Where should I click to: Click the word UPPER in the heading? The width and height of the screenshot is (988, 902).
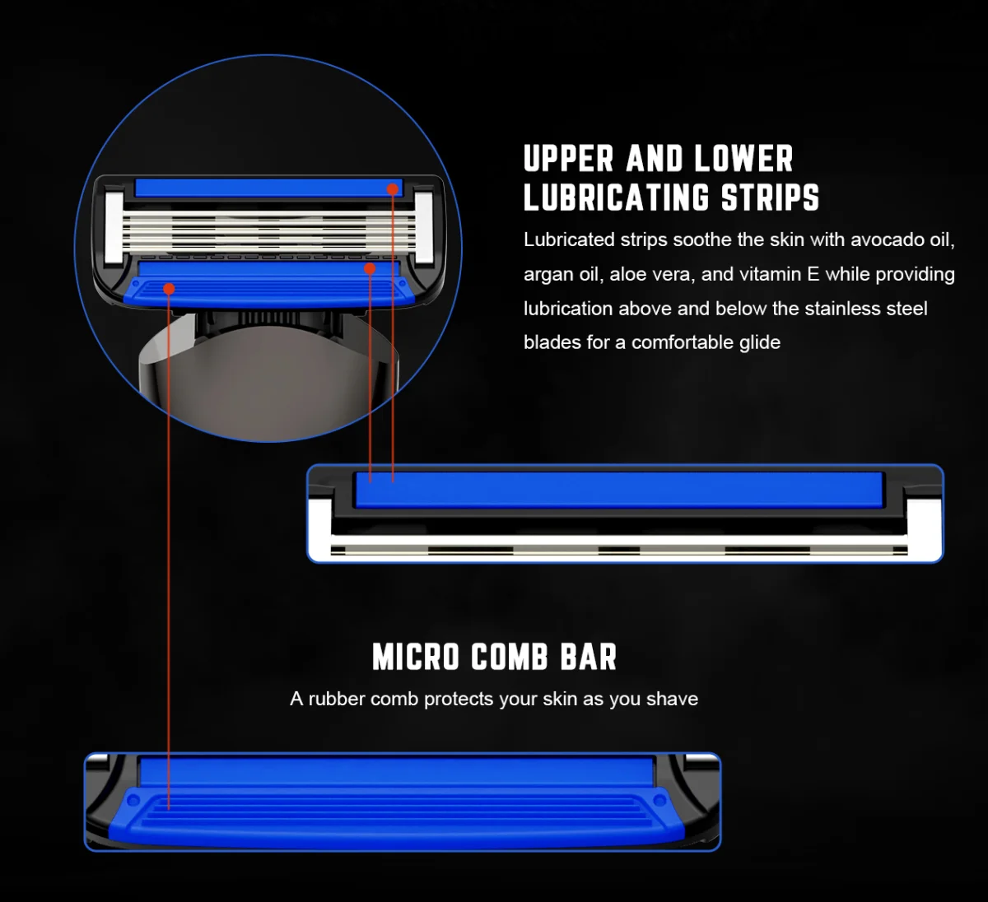pyautogui.click(x=568, y=159)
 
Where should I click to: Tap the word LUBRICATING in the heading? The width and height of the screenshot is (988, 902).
pyautogui.click(x=616, y=198)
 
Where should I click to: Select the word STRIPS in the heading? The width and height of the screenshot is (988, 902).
pyautogui.click(x=770, y=198)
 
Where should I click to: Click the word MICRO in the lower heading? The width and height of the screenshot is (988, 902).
pyautogui.click(x=416, y=657)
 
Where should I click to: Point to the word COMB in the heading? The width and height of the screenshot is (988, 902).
pyautogui.click(x=510, y=657)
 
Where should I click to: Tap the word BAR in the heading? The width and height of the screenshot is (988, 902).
pyautogui.click(x=589, y=657)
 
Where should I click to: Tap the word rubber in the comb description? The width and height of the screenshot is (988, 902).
pyautogui.click(x=338, y=700)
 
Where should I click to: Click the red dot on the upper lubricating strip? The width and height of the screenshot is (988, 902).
pyautogui.click(x=393, y=189)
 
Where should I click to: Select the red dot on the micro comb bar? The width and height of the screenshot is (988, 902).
pyautogui.click(x=169, y=289)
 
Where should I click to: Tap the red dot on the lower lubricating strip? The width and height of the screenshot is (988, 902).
pyautogui.click(x=370, y=268)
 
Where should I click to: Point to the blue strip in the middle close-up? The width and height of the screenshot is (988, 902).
pyautogui.click(x=619, y=490)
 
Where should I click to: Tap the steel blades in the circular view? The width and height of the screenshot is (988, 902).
pyautogui.click(x=269, y=230)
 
